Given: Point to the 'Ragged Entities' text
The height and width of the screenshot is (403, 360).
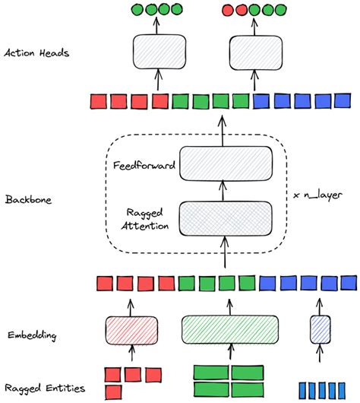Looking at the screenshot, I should pos(43,389).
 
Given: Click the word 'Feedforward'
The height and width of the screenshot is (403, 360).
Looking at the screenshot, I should pos(145,163).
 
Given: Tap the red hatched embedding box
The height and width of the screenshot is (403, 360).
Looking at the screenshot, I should pos(131,329).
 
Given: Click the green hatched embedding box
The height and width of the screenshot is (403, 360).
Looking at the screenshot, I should pos(226,329).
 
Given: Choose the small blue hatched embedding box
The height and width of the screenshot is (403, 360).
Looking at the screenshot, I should pos(317,329).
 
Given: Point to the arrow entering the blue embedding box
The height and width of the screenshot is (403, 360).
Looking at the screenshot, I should pos(317,357).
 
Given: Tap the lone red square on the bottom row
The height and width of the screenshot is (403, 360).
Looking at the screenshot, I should pos(112,391).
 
